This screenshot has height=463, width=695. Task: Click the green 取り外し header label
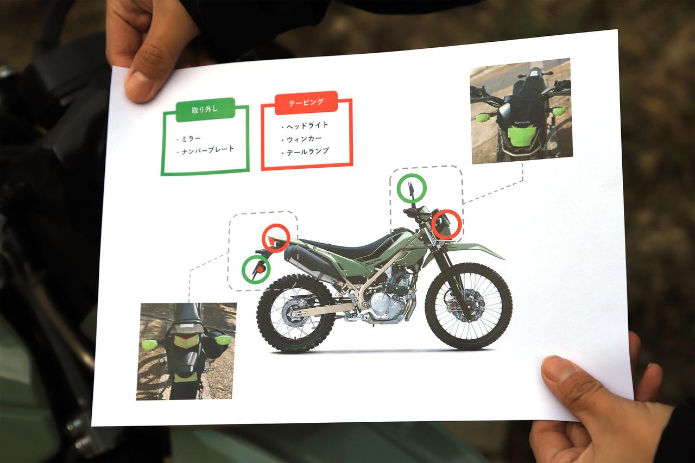coord(205,110)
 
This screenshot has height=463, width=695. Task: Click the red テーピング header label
coord(306,103)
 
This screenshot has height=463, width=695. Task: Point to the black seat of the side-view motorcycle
coord(344,245)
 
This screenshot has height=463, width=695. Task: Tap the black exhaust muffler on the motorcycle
coord(307,260)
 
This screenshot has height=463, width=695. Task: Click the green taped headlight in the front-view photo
coord(522,136)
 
